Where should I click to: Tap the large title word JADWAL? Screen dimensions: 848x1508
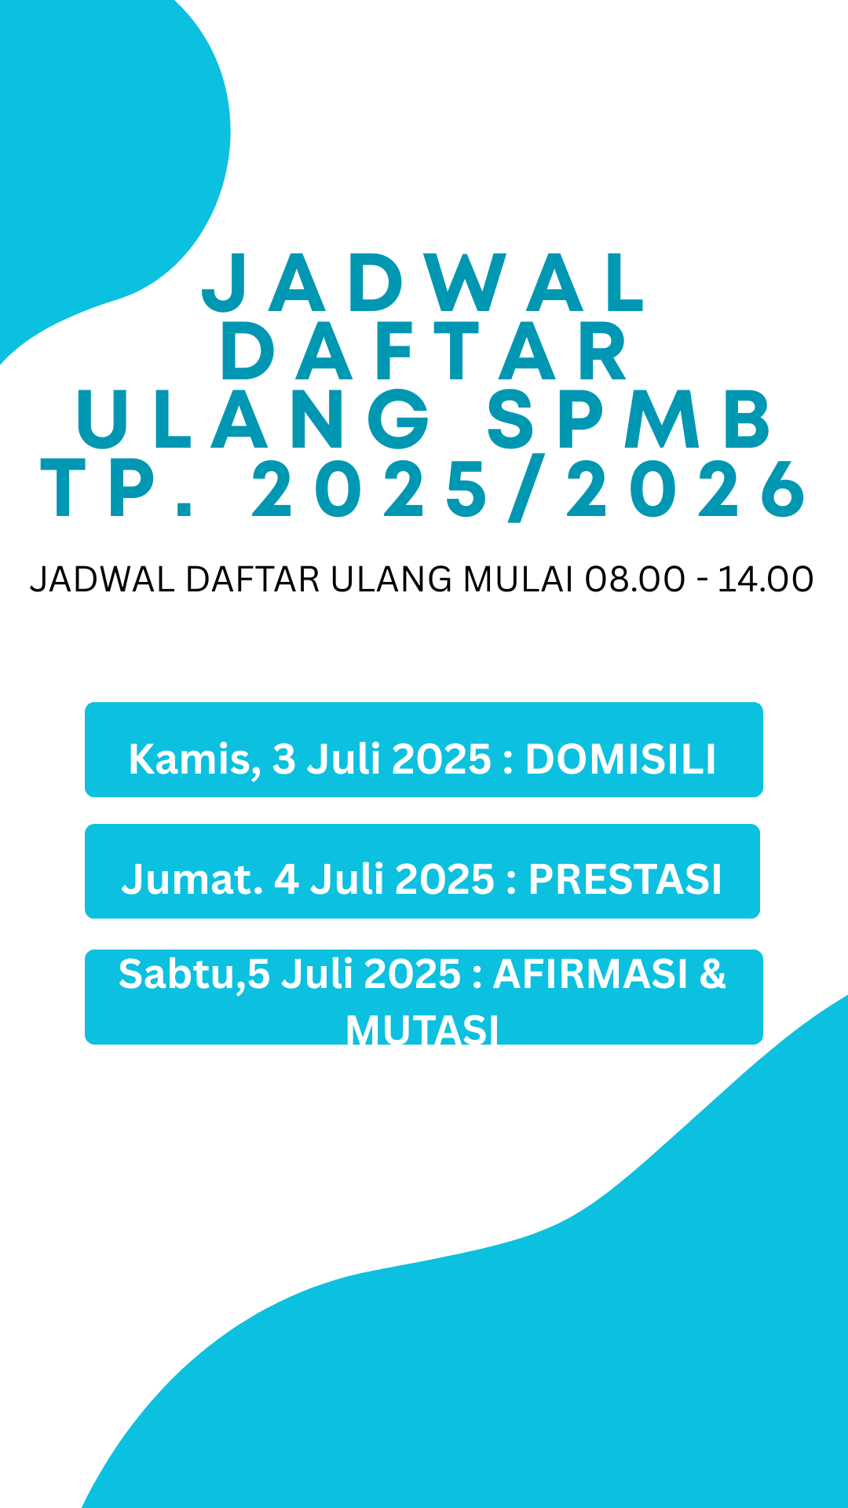point(425,282)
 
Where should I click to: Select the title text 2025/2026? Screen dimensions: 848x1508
point(528,489)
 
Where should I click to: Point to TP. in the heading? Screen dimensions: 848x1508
point(118,489)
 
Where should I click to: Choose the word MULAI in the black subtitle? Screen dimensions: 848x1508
point(518,580)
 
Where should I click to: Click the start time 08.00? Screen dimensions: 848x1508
point(635,580)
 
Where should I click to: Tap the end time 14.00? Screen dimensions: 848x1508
point(766,580)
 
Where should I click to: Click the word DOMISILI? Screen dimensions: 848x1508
point(621,759)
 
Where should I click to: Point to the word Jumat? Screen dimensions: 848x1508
point(192,879)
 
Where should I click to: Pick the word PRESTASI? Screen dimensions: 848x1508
point(625,879)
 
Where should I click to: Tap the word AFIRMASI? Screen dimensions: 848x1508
point(590,974)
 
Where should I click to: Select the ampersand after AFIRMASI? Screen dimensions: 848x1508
point(712,974)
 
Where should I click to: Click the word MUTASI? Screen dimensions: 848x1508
point(422,1030)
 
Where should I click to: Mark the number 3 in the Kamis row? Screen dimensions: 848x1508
point(283,759)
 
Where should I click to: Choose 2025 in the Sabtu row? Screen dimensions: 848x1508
point(412,974)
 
